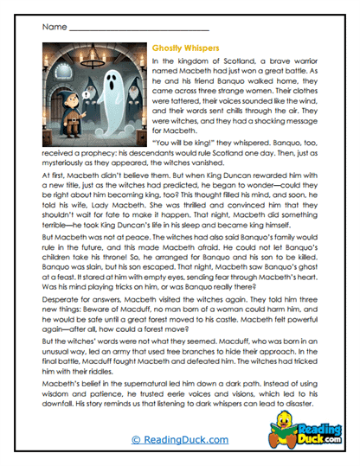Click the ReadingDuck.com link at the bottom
[x=179, y=439]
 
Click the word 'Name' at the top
[x=51, y=28]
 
